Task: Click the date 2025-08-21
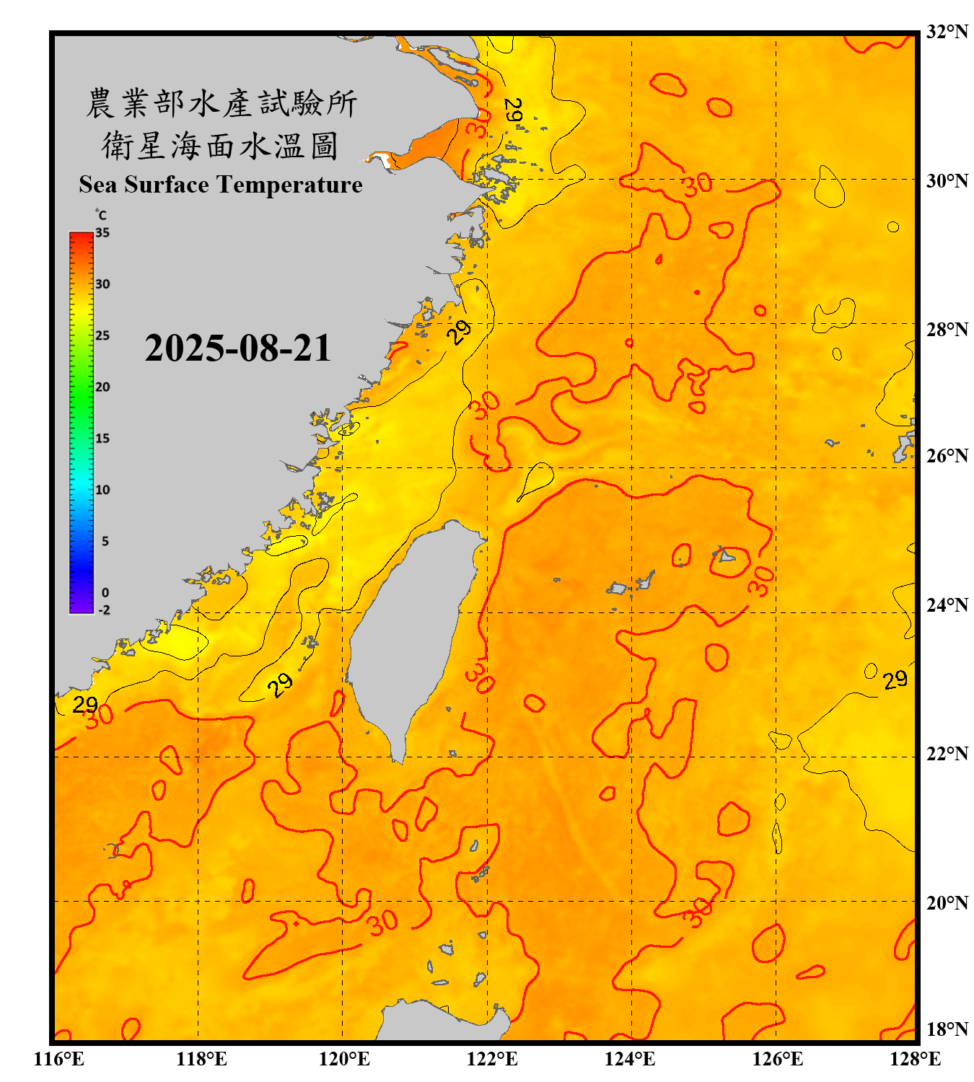pyautogui.click(x=237, y=348)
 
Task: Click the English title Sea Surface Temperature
pyautogui.click(x=221, y=185)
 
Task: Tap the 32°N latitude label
pyautogui.click(x=947, y=32)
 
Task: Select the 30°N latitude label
pyautogui.click(x=947, y=180)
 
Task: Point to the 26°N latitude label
pyautogui.click(x=947, y=456)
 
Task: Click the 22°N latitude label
pyautogui.click(x=947, y=754)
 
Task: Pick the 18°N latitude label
pyautogui.click(x=947, y=1029)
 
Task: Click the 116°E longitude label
pyautogui.click(x=59, y=1059)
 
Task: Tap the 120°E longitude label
pyautogui.click(x=344, y=1059)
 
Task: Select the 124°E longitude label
pyautogui.click(x=630, y=1059)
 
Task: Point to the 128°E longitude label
pyautogui.click(x=915, y=1059)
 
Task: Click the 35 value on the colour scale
pyautogui.click(x=102, y=233)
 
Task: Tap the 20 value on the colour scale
pyautogui.click(x=102, y=387)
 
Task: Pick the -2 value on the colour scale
pyautogui.click(x=104, y=610)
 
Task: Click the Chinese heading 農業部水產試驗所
pyautogui.click(x=221, y=103)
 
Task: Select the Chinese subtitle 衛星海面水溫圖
pyautogui.click(x=220, y=146)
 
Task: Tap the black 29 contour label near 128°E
pyautogui.click(x=895, y=679)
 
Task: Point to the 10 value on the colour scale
pyautogui.click(x=102, y=490)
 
